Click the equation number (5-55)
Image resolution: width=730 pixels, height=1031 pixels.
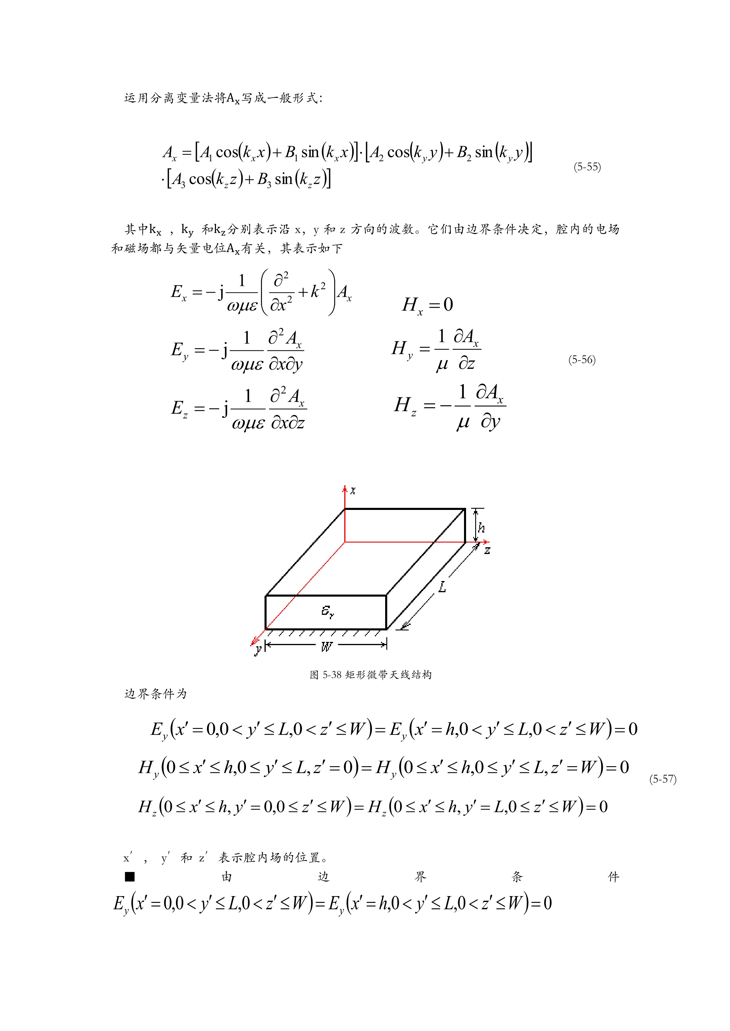point(587,167)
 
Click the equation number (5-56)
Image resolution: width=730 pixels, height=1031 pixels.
point(582,360)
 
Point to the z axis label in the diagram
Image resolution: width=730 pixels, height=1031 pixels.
point(487,550)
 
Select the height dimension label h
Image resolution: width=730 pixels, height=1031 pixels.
point(481,528)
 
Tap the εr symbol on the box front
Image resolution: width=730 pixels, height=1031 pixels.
point(327,611)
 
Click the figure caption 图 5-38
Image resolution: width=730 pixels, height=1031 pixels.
point(370,675)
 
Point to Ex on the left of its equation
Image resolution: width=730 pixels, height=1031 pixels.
point(179,293)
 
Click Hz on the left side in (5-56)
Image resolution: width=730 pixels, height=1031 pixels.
point(405,406)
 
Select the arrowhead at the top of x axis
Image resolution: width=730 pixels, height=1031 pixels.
point(345,488)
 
